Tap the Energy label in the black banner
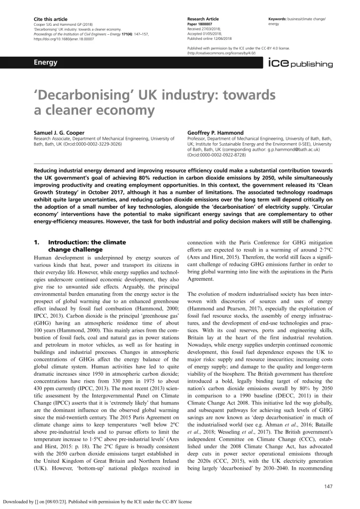tap(45, 63)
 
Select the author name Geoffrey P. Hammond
tap(215, 133)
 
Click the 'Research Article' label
tap(203, 19)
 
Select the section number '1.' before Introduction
tap(36, 242)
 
